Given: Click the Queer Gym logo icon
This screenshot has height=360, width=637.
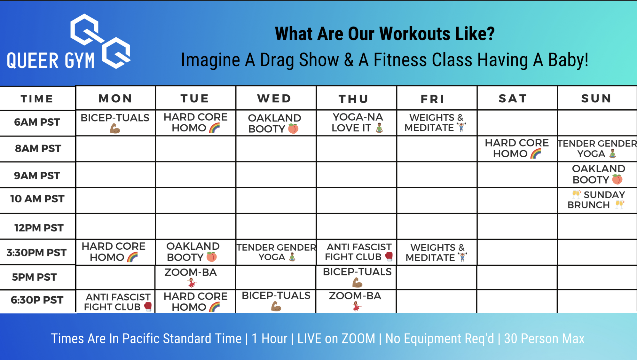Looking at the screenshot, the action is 100,41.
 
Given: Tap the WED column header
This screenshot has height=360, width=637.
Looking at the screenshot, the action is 274,98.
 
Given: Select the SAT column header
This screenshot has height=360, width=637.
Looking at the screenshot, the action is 513,98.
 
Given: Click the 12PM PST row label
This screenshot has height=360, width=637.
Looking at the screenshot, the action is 39,228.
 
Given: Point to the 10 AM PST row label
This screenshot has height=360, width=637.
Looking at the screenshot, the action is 37,199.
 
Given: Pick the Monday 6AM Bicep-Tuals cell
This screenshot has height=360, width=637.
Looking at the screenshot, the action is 115,123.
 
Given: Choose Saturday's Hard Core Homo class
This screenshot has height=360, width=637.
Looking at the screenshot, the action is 517,148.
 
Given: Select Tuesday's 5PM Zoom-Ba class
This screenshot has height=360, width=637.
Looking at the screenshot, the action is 191,277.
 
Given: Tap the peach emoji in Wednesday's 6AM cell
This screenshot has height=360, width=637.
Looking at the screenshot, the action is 293,129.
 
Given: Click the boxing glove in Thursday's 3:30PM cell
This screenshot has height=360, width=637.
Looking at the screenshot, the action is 389,256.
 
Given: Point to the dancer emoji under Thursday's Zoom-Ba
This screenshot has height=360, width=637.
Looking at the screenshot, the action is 356,306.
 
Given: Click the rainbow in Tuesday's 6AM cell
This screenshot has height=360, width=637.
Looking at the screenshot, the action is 215,128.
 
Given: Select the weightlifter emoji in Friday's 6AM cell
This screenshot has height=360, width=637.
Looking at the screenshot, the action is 461,127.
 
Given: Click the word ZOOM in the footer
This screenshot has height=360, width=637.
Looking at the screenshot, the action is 359,339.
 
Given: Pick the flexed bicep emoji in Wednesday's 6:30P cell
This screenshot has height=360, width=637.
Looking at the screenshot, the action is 276,306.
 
